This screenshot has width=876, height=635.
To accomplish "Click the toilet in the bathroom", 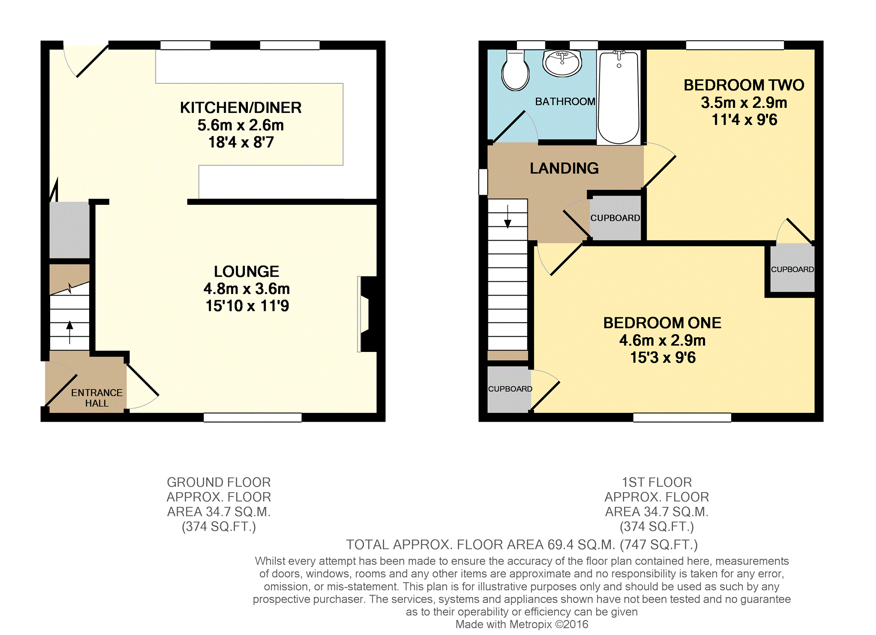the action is click(515, 71).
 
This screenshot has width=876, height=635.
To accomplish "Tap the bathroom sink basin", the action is click(562, 63).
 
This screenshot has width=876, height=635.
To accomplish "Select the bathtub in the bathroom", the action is click(619, 97).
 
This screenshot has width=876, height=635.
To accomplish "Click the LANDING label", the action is click(564, 168).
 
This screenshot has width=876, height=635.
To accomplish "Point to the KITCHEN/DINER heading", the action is click(241, 108).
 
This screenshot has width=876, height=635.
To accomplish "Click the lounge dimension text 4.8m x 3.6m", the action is click(247, 289).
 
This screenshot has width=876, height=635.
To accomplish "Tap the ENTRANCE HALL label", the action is click(97, 398).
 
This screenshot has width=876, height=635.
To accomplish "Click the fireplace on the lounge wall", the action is click(368, 314).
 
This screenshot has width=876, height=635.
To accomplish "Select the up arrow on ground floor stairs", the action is click(70, 332).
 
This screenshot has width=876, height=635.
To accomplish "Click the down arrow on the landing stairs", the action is click(508, 216).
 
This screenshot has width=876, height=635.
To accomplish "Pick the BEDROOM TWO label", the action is click(744, 85).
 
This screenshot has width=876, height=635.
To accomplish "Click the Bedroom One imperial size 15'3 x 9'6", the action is click(663, 358).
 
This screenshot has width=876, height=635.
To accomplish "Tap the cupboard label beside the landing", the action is click(615, 218).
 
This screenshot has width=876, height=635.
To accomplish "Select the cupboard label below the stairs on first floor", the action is click(510, 389).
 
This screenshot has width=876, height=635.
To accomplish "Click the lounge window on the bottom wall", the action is click(253, 417).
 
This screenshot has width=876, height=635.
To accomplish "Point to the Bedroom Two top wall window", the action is click(735, 45).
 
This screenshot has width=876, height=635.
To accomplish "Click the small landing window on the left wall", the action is click(483, 182).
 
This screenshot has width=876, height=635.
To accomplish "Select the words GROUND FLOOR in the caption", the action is click(219, 482).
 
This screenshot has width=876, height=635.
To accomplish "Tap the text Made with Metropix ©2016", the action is click(522, 624).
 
